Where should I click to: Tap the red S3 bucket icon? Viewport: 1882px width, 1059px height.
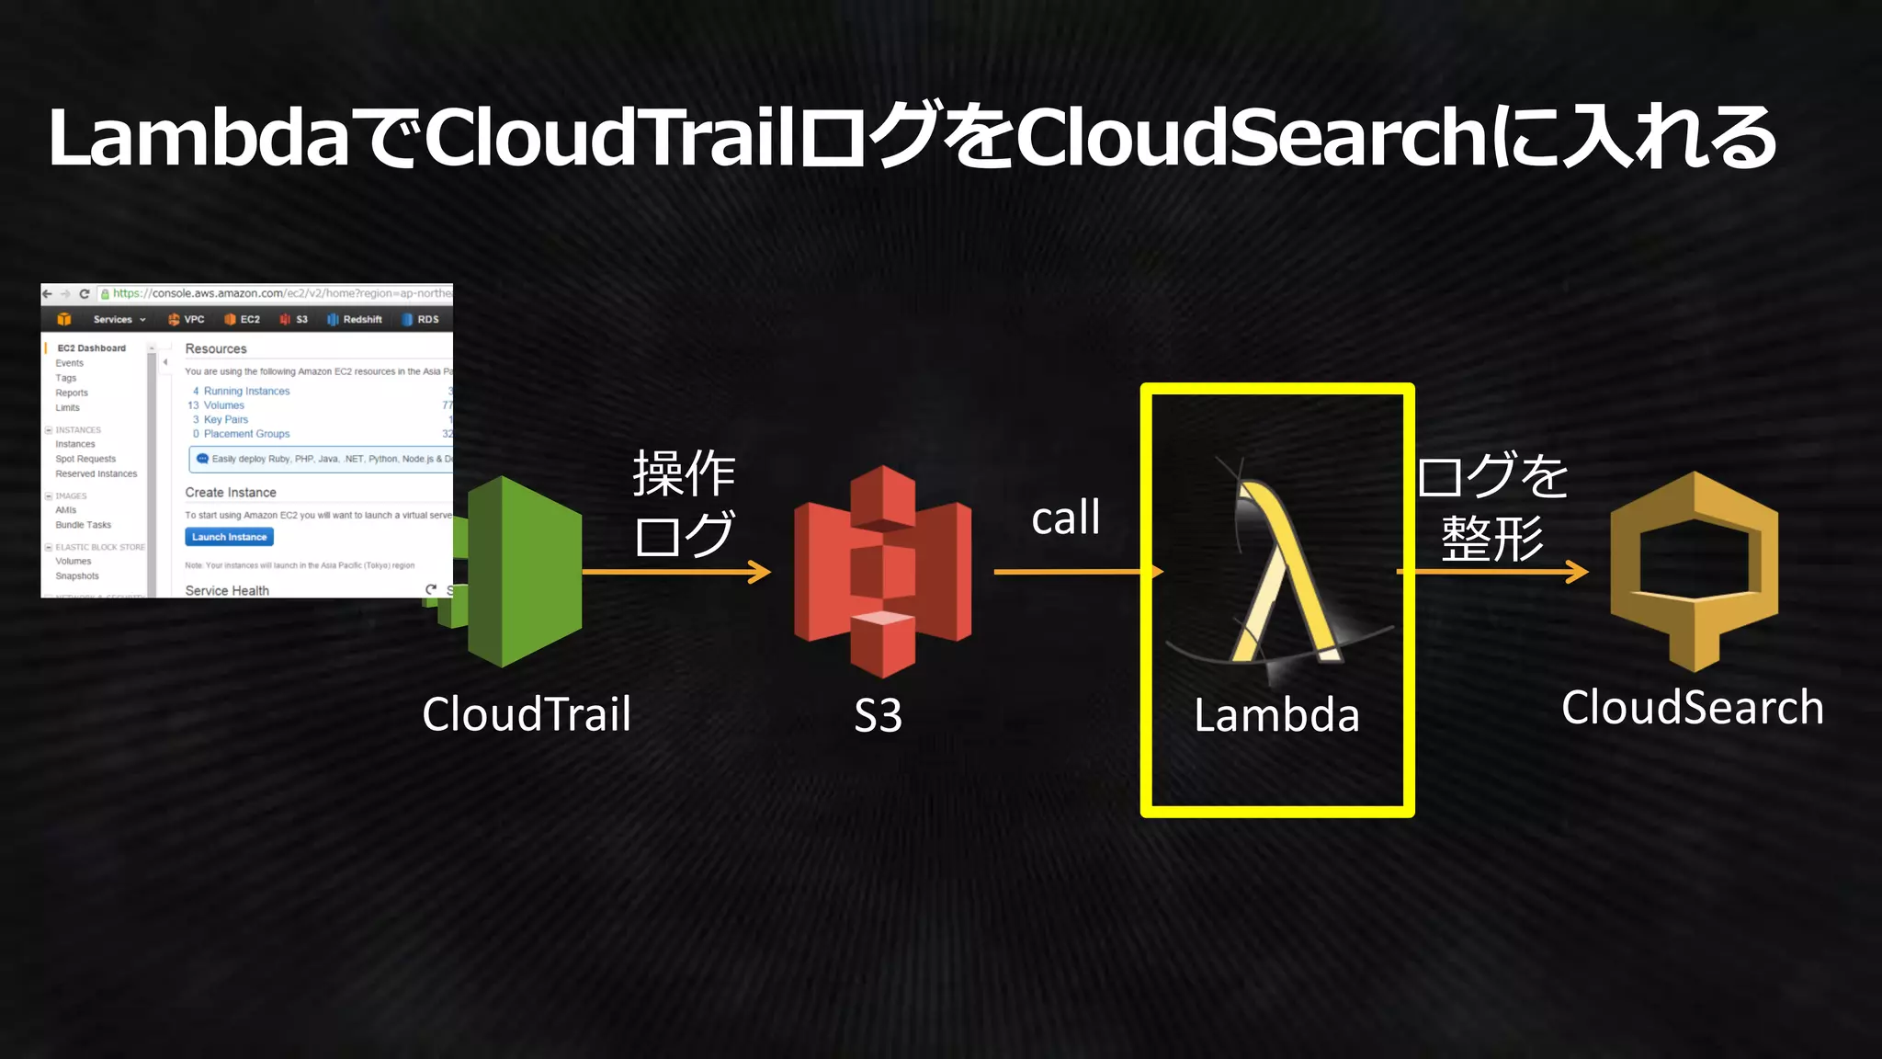point(882,572)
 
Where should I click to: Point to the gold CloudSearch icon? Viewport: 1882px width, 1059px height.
point(1694,570)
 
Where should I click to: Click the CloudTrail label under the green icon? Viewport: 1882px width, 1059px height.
point(527,714)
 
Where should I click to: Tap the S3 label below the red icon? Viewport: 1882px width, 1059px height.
point(878,715)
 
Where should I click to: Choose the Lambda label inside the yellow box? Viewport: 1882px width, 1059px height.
point(1276,715)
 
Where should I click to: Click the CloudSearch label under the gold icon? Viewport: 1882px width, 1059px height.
point(1693,708)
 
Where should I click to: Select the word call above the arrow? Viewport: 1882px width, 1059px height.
point(1065,518)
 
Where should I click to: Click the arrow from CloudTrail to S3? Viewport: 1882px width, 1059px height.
point(676,572)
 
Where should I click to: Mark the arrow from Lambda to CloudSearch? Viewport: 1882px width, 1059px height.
point(1494,572)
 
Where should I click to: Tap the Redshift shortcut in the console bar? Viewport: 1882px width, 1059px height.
point(361,320)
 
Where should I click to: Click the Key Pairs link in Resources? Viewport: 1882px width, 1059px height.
point(225,420)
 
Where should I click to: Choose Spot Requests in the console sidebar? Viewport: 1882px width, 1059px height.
point(85,459)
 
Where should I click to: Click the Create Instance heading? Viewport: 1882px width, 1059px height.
point(231,493)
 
